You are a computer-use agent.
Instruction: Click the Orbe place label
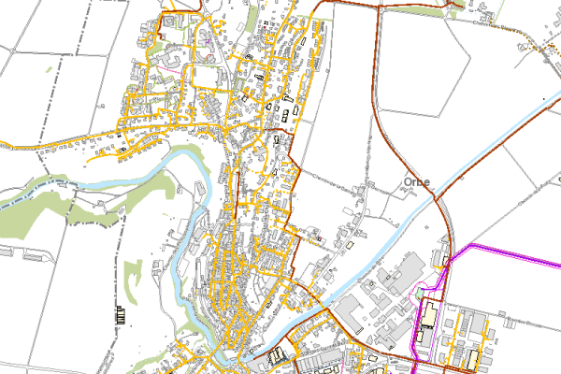[417, 181]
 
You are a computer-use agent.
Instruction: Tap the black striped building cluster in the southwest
[119, 314]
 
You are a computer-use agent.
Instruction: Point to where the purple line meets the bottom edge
[417, 371]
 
